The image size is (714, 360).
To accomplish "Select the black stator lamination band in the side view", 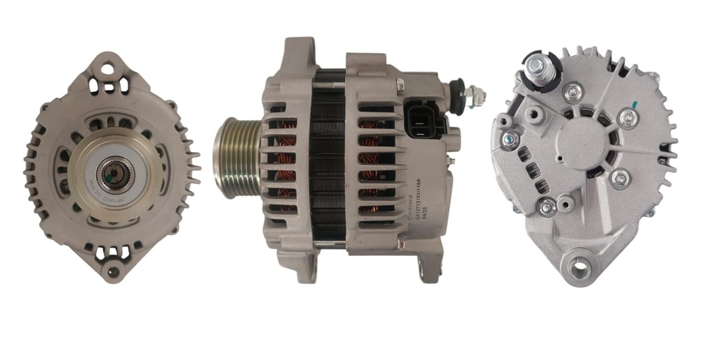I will tap(327, 160).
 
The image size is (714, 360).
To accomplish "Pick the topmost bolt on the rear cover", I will tap(573, 91).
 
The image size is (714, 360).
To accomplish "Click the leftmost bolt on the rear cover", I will tap(510, 140).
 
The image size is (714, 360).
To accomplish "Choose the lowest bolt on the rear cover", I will tap(547, 207).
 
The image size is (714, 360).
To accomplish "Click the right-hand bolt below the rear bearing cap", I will tap(619, 179).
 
